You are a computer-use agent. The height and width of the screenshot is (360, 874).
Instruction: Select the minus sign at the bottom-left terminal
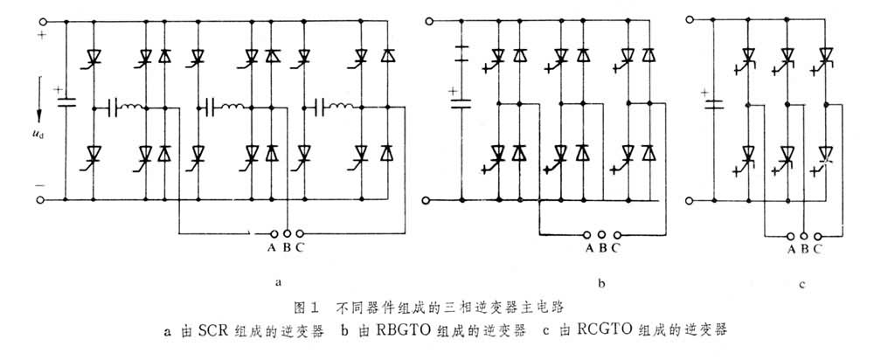(x=40, y=187)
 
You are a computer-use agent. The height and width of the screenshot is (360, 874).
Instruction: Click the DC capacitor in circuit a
(x=66, y=103)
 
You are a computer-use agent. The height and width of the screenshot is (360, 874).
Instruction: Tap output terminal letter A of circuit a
(x=274, y=247)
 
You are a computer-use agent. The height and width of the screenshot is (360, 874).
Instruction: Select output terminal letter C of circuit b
(x=615, y=247)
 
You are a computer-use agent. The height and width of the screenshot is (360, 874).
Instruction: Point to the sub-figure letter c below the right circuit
(x=802, y=284)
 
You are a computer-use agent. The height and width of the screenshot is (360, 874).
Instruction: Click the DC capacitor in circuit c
(x=714, y=105)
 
